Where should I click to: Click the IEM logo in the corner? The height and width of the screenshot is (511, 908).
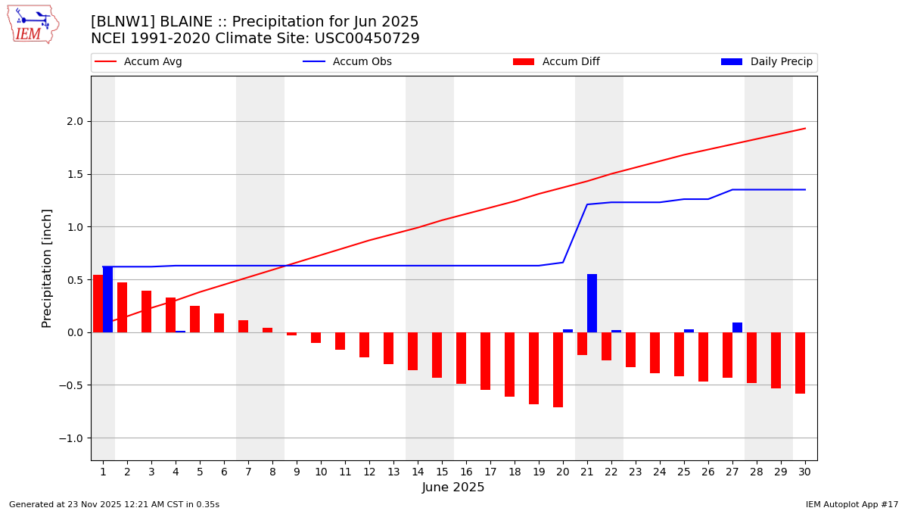tap(33, 24)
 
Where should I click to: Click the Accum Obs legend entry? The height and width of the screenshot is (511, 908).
tap(347, 62)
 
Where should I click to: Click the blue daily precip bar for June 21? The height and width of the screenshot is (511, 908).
tap(592, 303)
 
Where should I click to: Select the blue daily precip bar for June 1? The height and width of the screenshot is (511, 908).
tap(107, 299)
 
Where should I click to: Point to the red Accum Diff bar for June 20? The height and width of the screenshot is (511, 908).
tap(558, 369)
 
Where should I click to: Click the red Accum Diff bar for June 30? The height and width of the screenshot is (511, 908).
tap(800, 363)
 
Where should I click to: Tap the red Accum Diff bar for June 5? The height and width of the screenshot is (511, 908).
tap(194, 319)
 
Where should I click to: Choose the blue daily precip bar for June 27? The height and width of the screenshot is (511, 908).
tap(737, 327)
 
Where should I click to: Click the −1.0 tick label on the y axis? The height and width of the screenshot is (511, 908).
tap(74, 438)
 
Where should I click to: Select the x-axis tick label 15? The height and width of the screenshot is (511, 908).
tap(442, 472)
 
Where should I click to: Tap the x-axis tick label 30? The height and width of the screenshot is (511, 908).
tap(804, 472)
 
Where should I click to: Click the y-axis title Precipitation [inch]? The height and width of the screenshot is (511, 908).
tap(47, 268)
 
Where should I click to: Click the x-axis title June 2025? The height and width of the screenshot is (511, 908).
tap(453, 488)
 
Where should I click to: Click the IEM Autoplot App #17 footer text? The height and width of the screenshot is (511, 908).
tap(852, 504)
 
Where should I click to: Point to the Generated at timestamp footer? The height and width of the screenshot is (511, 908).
tap(114, 504)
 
